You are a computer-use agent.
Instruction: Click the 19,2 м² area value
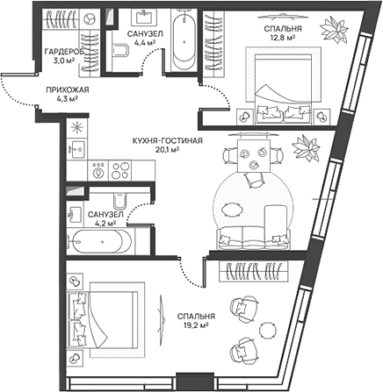pos(191,326)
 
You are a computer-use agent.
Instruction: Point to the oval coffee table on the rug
pos(233,208)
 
